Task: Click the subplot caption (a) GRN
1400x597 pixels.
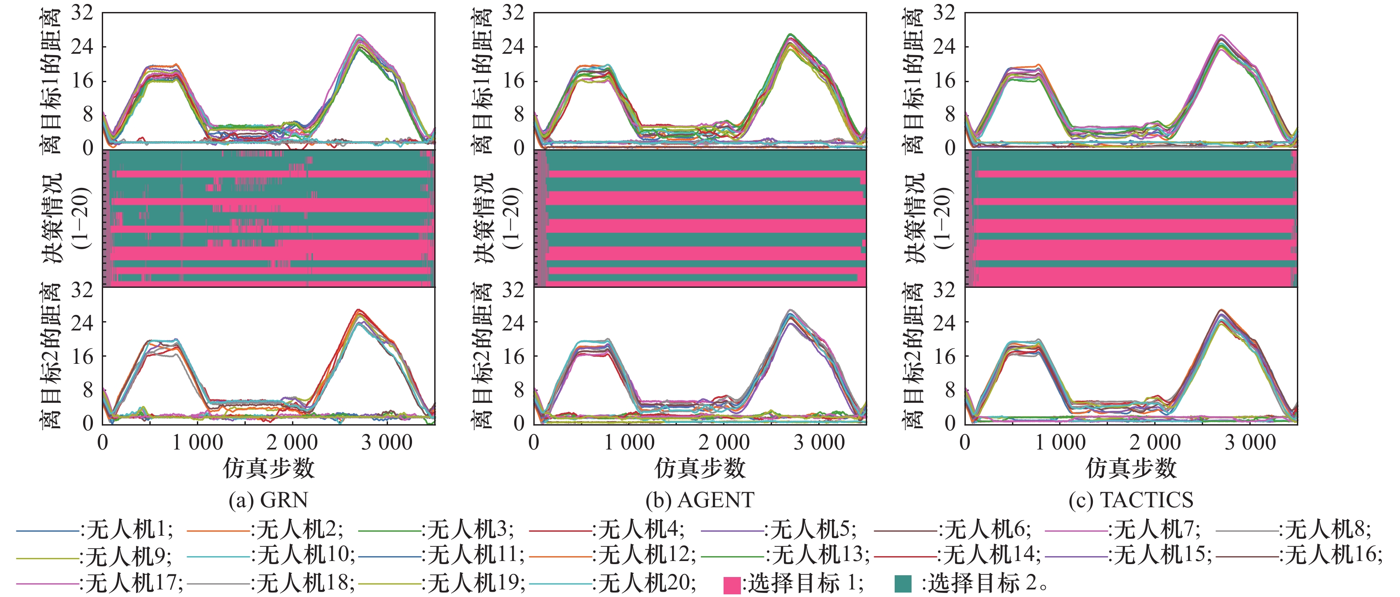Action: pyautogui.click(x=268, y=500)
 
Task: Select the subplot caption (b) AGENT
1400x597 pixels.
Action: pyautogui.click(x=700, y=500)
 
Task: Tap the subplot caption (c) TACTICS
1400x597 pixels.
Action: pyautogui.click(x=1130, y=500)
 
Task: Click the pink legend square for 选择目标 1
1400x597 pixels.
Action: pyautogui.click(x=732, y=585)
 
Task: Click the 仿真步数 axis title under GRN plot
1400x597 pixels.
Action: pyautogui.click(x=268, y=468)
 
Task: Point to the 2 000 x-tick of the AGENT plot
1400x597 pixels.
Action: pyautogui.click(x=724, y=443)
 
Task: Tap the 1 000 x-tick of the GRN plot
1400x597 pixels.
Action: pyautogui.click(x=197, y=443)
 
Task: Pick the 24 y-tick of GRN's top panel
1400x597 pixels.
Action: pyautogui.click(x=82, y=46)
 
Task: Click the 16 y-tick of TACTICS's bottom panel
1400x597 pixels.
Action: pyautogui.click(x=944, y=356)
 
